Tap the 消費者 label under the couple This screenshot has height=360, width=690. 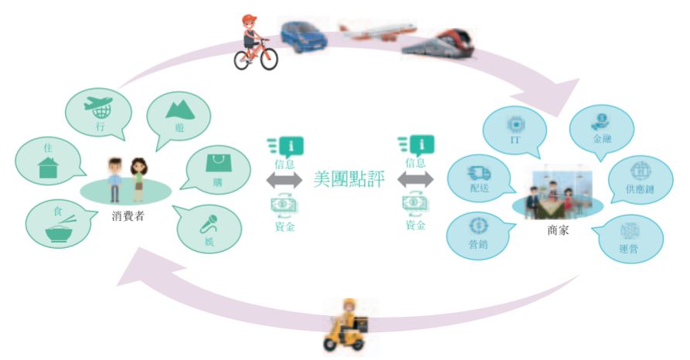(x=127, y=216)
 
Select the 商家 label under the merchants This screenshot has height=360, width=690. (x=557, y=229)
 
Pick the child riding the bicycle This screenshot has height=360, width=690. (x=254, y=43)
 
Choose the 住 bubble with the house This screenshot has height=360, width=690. (x=48, y=162)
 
